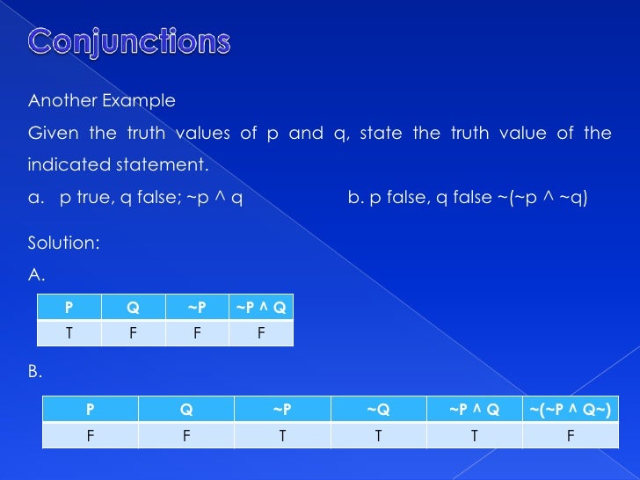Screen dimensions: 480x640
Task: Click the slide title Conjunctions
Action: [x=130, y=41]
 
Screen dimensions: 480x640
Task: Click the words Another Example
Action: [x=102, y=101]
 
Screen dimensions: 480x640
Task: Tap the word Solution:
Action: [x=63, y=242]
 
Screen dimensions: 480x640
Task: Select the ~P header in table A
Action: [x=197, y=307]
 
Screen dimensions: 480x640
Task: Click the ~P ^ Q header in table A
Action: [x=261, y=307]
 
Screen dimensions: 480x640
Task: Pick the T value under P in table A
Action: [x=69, y=333]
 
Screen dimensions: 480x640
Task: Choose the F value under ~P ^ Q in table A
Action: [x=261, y=333]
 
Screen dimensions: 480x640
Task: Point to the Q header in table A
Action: [x=133, y=307]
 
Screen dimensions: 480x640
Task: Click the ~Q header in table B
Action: [x=378, y=409]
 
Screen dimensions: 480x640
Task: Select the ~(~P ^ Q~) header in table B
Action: [x=570, y=409]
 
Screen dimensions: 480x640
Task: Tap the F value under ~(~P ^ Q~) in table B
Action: [x=570, y=435]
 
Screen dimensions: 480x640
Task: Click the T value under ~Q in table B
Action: [x=378, y=435]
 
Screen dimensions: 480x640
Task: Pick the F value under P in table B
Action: [x=90, y=435]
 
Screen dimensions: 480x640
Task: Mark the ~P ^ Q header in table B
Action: [x=474, y=409]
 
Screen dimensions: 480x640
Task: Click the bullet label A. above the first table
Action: [x=36, y=275]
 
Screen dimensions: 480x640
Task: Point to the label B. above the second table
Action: [x=35, y=373]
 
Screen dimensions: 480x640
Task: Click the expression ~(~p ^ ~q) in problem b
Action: [x=542, y=198]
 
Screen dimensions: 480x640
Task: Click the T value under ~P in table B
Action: [x=281, y=435]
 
